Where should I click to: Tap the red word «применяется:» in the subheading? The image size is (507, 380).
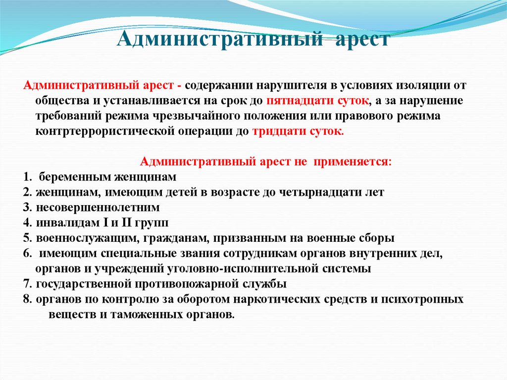[361, 162]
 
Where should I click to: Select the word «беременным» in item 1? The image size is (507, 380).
[71, 177]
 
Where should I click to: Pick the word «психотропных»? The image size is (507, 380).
[425, 299]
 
